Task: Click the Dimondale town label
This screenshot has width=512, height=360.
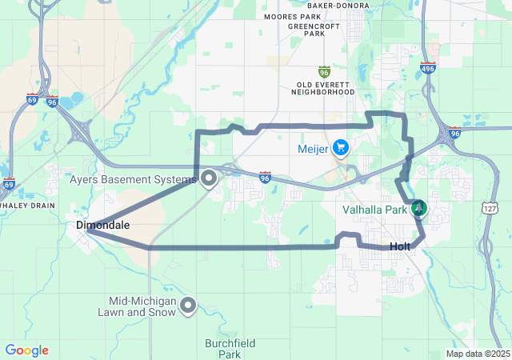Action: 102,226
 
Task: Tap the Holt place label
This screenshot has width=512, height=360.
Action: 400,246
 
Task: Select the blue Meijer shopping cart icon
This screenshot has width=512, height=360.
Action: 342,148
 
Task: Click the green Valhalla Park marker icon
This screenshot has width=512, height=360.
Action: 418,210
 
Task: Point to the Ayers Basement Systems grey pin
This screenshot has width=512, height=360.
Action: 209,179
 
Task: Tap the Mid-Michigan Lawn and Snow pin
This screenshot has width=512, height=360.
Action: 189,305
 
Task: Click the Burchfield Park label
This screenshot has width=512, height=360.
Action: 230,349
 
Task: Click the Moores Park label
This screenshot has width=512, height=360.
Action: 292,16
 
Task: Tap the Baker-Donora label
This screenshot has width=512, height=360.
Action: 338,6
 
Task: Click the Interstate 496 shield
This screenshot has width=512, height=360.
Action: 428,69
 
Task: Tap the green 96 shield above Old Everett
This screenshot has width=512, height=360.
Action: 324,71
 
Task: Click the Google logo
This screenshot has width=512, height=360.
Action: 26,350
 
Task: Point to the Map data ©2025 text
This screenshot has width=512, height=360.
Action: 477,354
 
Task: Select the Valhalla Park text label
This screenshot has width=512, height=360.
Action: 375,210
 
